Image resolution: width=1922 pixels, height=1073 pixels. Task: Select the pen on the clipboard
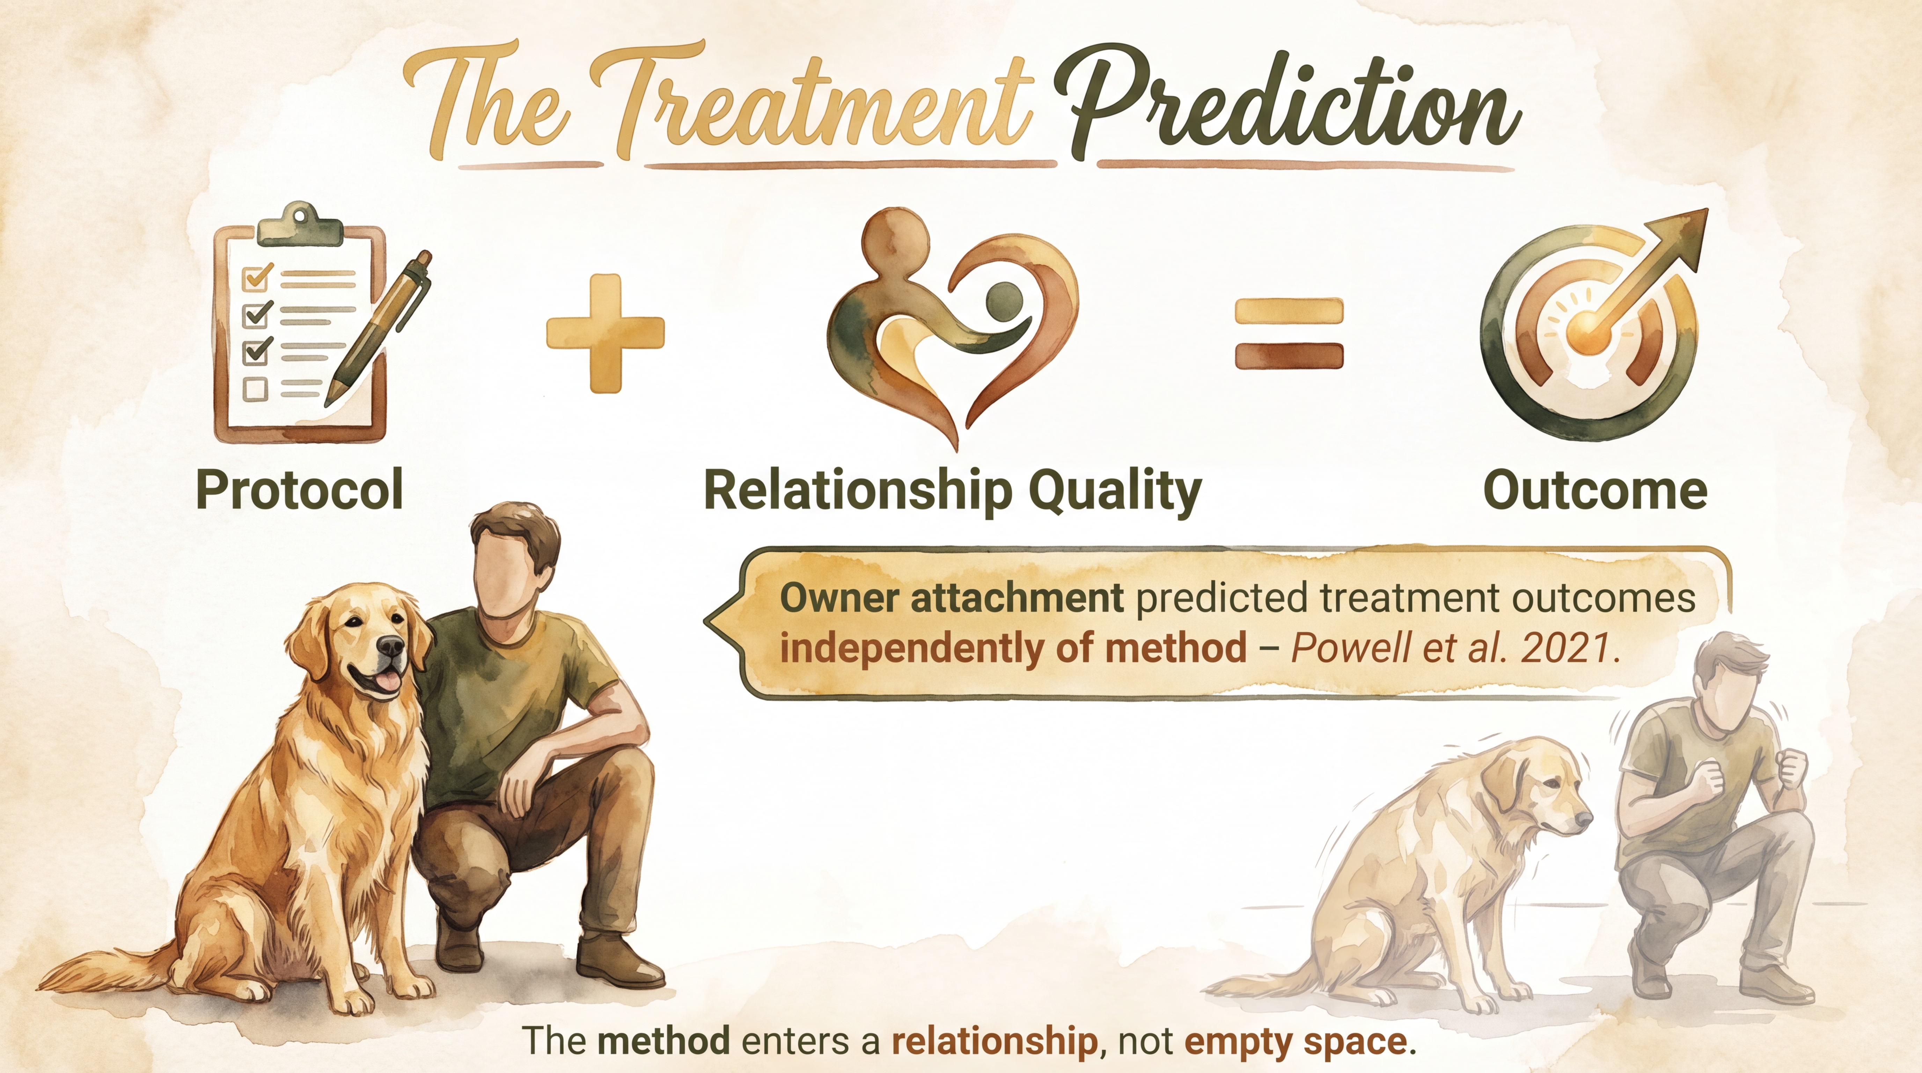[381, 328]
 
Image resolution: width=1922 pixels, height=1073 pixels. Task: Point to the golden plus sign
[605, 333]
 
